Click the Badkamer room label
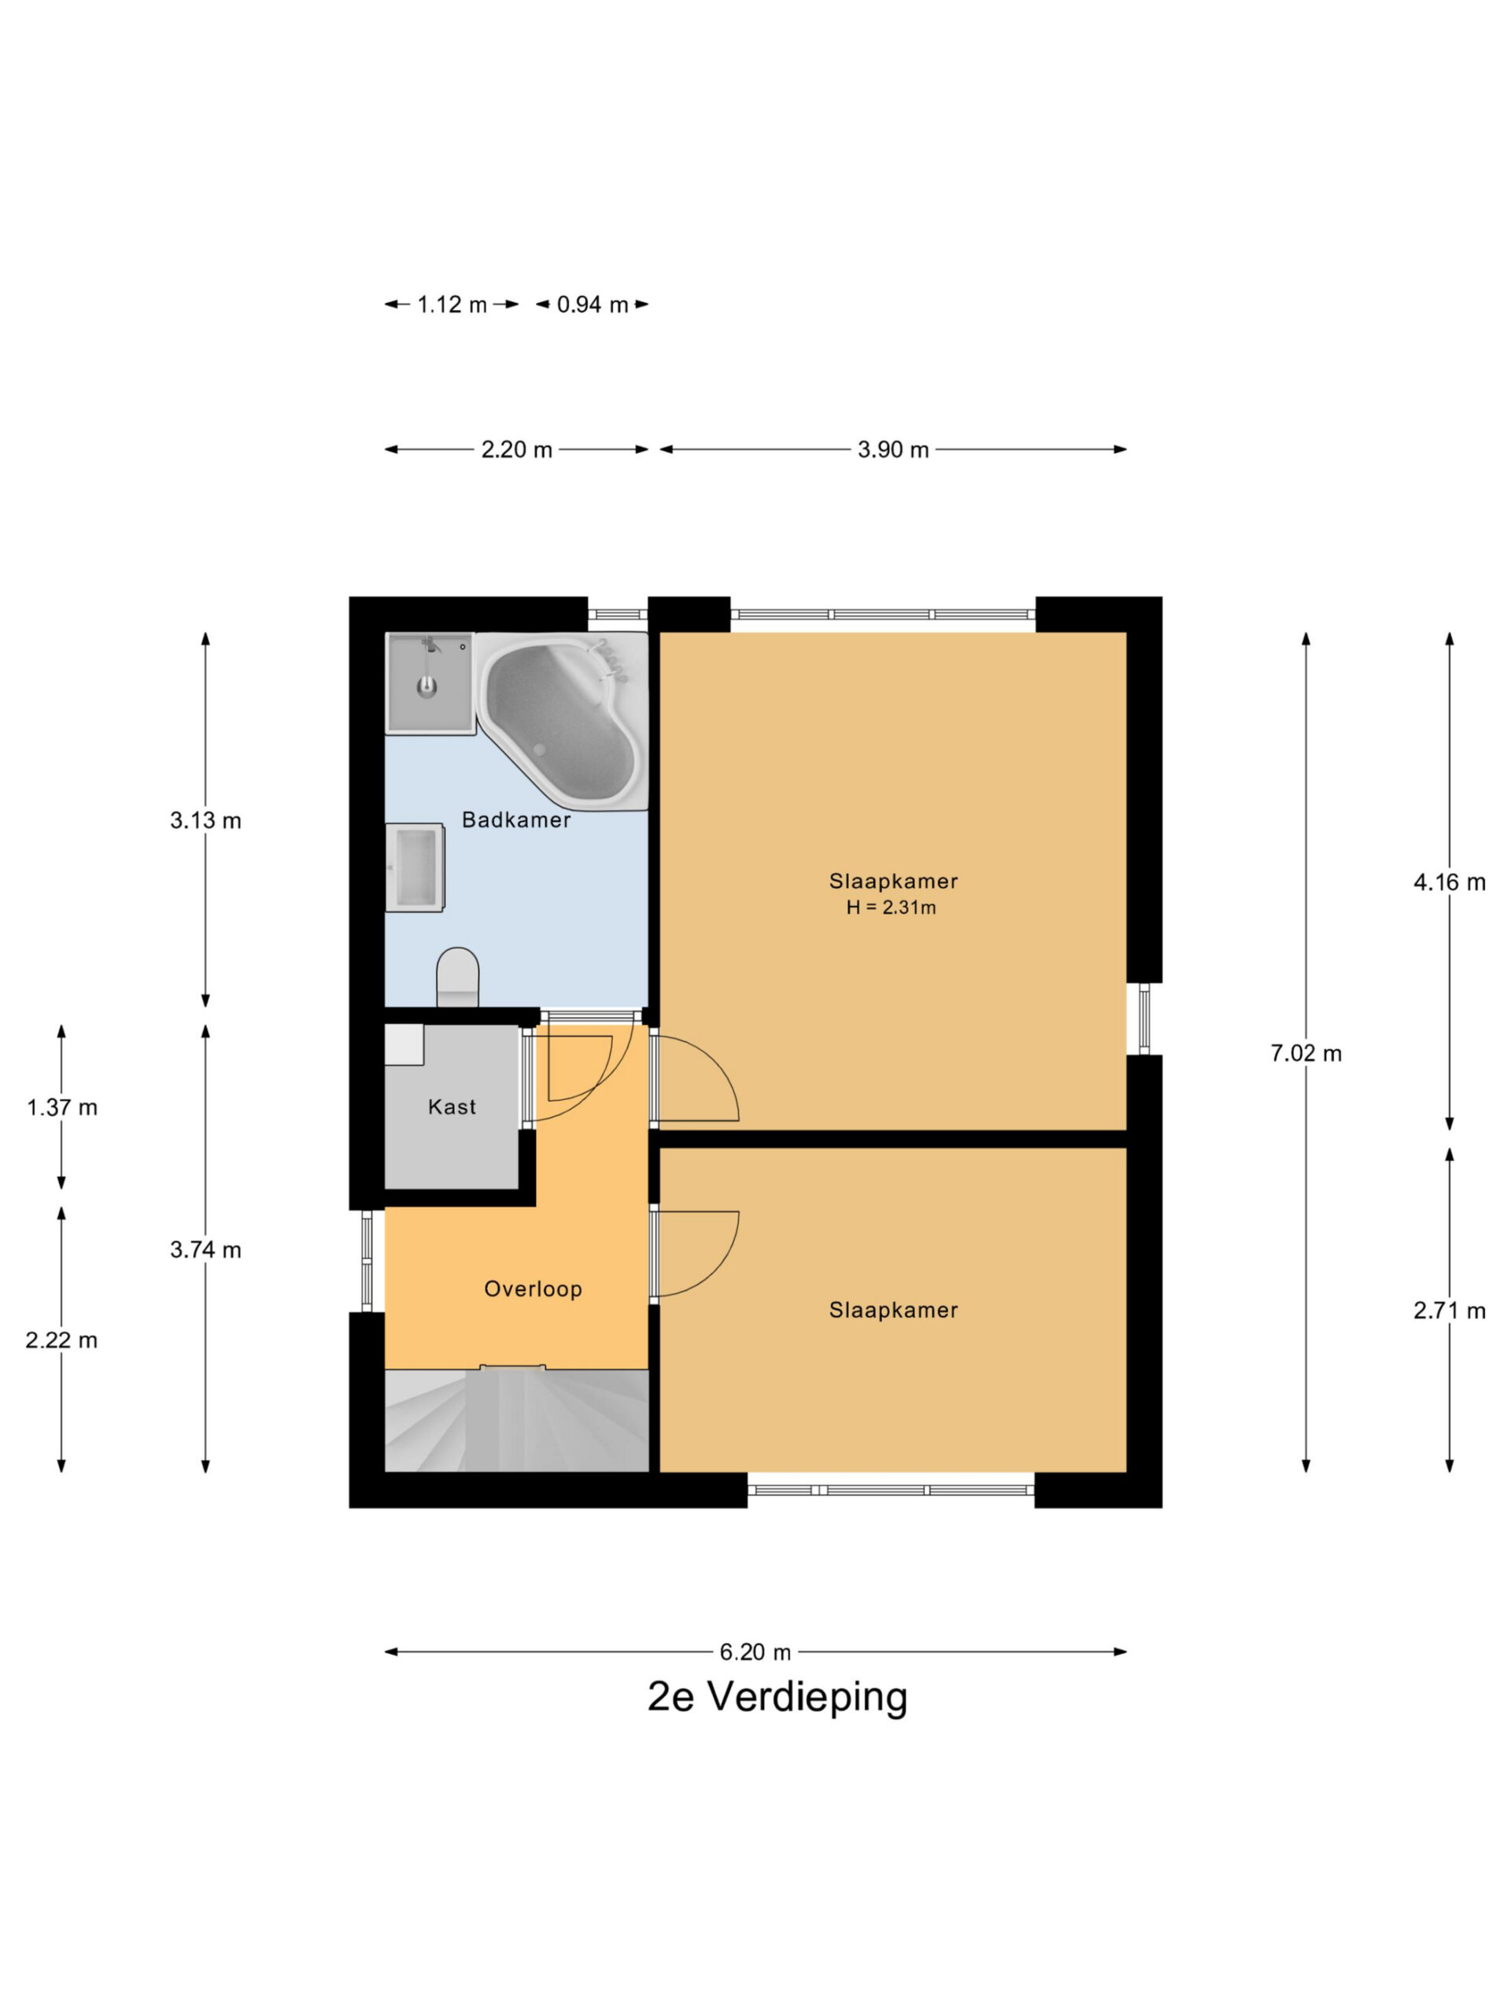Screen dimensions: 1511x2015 (x=515, y=820)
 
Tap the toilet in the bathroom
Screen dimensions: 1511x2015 (x=457, y=978)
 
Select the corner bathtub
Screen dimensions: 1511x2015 (x=562, y=720)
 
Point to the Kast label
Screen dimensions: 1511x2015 (x=452, y=1107)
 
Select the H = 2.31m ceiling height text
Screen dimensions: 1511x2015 (x=891, y=908)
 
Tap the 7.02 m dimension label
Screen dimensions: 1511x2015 (x=1305, y=1053)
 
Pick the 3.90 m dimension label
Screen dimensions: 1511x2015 (x=892, y=449)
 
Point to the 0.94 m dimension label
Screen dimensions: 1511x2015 (x=592, y=305)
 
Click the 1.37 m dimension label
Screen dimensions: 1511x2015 (x=62, y=1107)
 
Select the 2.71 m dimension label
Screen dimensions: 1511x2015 (x=1449, y=1311)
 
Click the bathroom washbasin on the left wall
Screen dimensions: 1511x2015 (x=415, y=867)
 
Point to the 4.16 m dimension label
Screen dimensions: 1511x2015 (x=1449, y=882)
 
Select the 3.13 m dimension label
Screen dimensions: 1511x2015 (x=206, y=821)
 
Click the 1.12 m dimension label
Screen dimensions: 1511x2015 (x=452, y=305)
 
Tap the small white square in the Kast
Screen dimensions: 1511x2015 (x=405, y=1044)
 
